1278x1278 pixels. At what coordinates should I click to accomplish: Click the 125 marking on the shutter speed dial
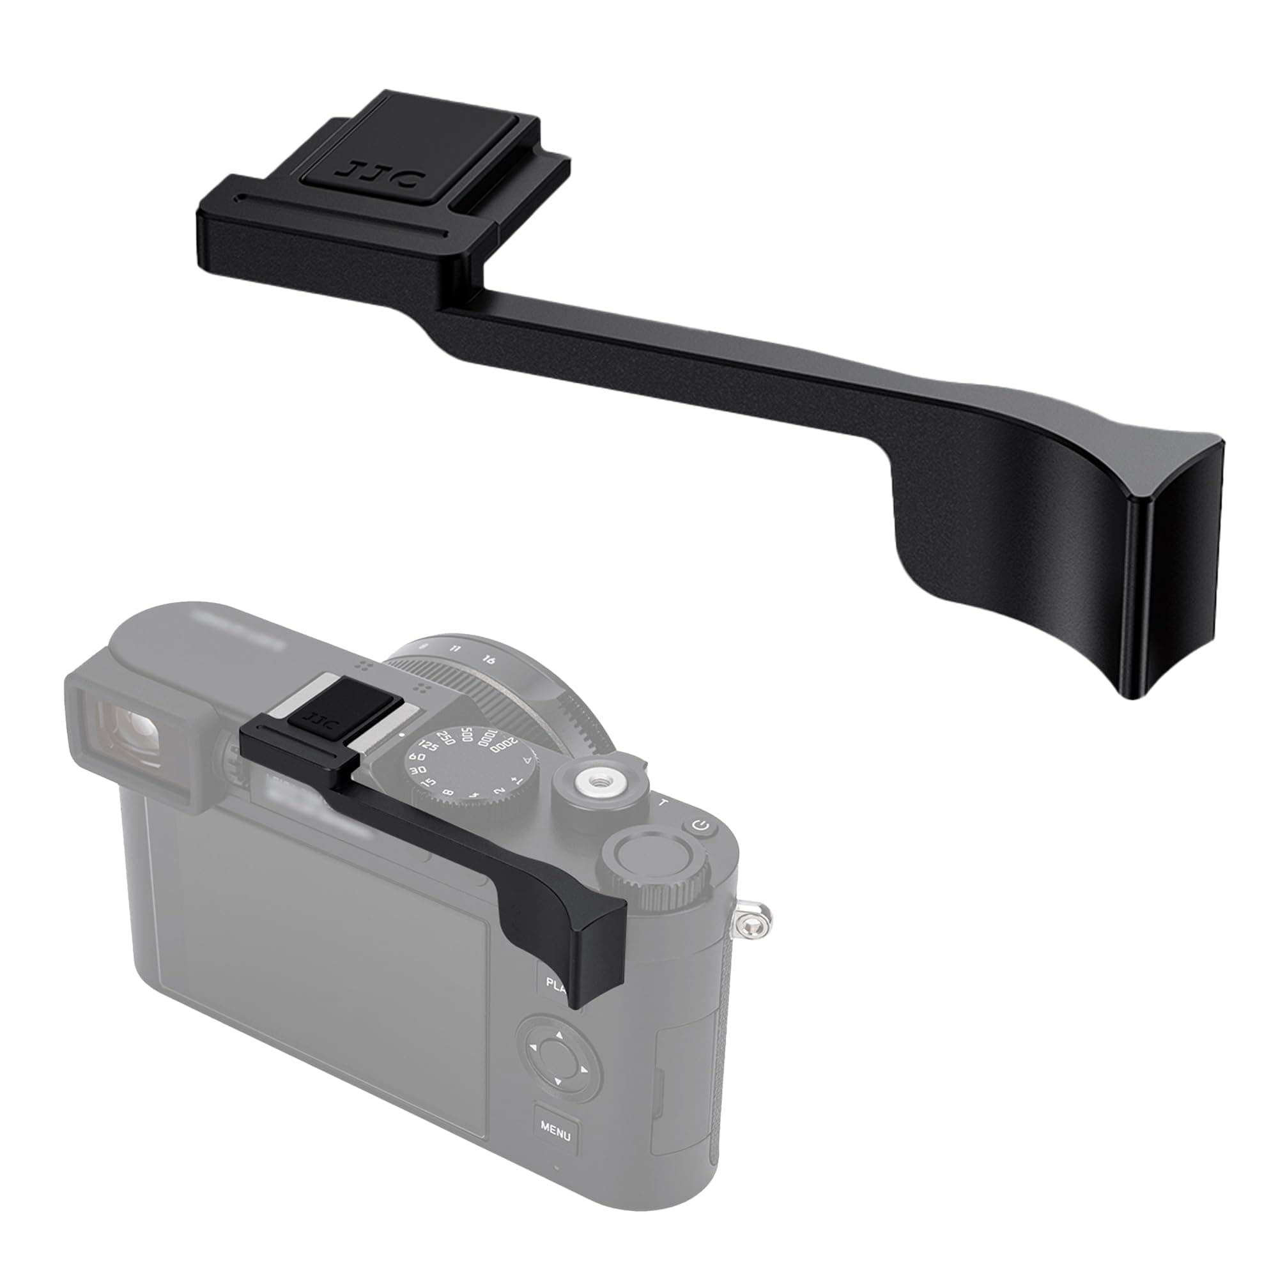429,748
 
